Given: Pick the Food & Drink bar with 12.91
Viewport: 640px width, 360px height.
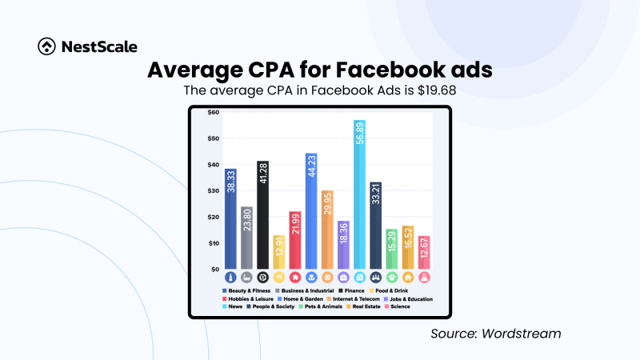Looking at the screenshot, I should click(x=278, y=252).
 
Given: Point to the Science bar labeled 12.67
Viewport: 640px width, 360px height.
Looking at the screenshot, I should click(x=424, y=252).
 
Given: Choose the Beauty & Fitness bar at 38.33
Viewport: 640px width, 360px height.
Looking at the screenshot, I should click(x=230, y=218).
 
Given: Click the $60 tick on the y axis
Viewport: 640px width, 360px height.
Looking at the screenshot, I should click(x=213, y=112).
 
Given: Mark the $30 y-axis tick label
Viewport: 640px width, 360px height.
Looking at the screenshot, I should click(x=213, y=190).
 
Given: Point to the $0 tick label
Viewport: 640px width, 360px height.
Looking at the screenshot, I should click(x=214, y=269).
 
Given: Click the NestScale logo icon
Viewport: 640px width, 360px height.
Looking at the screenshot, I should click(x=46, y=46).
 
